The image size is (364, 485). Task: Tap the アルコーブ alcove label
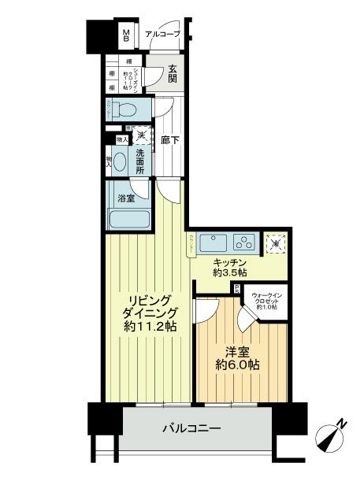(x=163, y=35)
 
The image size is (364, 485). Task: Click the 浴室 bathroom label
(x=126, y=198)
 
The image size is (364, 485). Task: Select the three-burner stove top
(x=245, y=242)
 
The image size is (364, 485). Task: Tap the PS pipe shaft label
(x=236, y=289)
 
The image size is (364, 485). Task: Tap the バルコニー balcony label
(x=191, y=429)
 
